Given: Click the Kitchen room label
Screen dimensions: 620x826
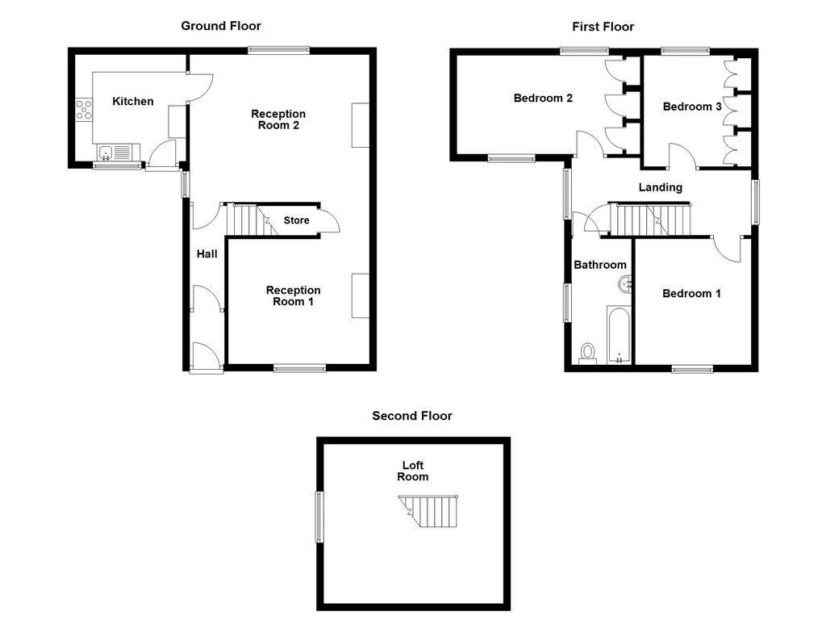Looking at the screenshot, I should coord(132,101).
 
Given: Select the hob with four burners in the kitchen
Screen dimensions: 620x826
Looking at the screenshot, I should coord(83,109).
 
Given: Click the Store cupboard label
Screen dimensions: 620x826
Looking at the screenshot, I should coord(296,220).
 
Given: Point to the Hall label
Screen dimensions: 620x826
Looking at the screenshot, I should coord(207,254).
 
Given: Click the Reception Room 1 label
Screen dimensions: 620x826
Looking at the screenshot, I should coord(293,295).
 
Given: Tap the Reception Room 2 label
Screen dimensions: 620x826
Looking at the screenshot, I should coord(278,119).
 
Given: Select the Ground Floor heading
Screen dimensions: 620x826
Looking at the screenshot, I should coord(220,26).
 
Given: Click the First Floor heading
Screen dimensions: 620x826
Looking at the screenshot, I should coord(603,27).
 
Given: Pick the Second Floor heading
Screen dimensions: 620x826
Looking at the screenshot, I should coord(411,416).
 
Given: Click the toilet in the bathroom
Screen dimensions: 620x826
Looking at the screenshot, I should coord(588,353).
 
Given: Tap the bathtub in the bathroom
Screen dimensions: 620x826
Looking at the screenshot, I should coord(618,335).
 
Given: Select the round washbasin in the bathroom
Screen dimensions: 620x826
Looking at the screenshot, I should coord(626,284).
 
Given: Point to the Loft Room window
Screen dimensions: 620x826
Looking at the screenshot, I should coord(319,517).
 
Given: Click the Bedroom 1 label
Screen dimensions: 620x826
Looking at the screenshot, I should coord(691,293).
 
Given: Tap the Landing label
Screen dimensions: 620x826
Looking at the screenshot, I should coord(660,187).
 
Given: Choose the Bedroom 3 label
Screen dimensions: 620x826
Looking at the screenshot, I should coord(692,107).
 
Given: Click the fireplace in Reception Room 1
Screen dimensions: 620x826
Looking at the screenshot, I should coord(360,295).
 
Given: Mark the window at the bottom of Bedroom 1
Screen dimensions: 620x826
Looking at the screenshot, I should coord(692,369).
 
